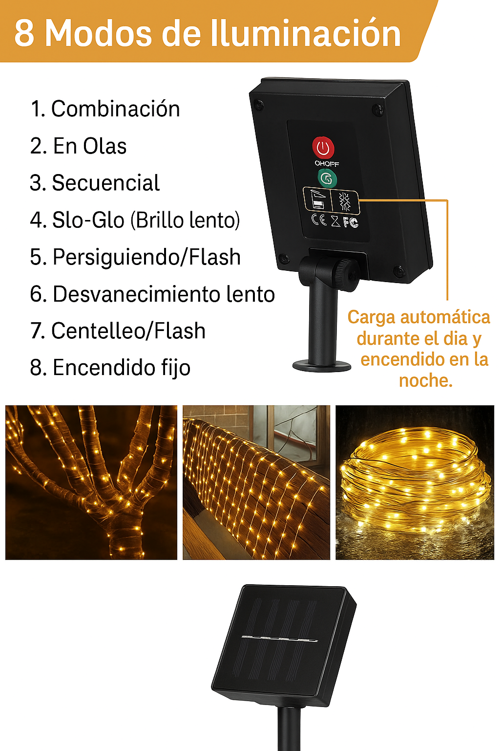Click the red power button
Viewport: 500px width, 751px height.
pyautogui.click(x=323, y=147)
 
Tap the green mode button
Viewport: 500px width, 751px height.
pyautogui.click(x=327, y=178)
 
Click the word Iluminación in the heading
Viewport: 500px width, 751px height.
pyautogui.click(x=305, y=33)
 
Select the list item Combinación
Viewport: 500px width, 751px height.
pyautogui.click(x=105, y=109)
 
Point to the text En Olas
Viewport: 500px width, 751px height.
pyautogui.click(x=79, y=146)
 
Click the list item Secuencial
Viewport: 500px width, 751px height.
pyautogui.click(x=95, y=183)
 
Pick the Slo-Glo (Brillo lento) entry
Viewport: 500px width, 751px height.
pyautogui.click(x=135, y=220)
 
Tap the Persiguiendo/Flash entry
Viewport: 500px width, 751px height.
pyautogui.click(x=135, y=257)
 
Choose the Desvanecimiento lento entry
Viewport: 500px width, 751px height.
pyautogui.click(x=152, y=294)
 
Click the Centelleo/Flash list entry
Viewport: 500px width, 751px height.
pyautogui.click(x=118, y=331)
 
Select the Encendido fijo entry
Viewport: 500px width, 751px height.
pyautogui.click(x=110, y=368)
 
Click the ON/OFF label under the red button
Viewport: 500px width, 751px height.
pyautogui.click(x=327, y=164)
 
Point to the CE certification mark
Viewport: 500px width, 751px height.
pyautogui.click(x=319, y=220)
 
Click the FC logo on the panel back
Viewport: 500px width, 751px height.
pyautogui.click(x=351, y=222)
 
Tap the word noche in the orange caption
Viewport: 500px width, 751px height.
pyautogui.click(x=425, y=380)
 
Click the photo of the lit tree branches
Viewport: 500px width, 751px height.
pyautogui.click(x=91, y=482)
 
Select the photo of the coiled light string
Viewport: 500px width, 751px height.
pyautogui.click(x=415, y=482)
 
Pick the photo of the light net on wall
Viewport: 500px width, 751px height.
pyautogui.click(x=256, y=482)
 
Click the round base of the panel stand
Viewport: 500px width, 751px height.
pyautogui.click(x=322, y=365)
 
